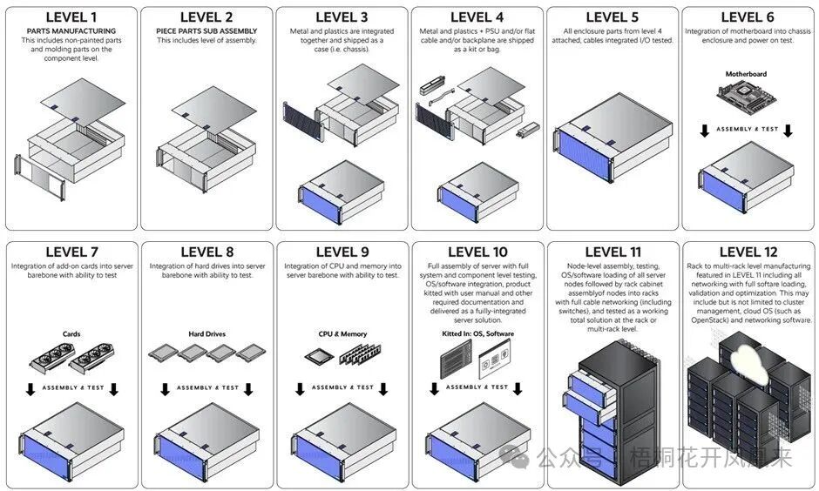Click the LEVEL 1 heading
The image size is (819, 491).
tap(71, 17)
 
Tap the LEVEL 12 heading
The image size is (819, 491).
tap(748, 252)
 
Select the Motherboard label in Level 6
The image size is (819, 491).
tap(746, 74)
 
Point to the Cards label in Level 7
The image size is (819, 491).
tap(71, 334)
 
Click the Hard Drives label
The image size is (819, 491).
tap(206, 334)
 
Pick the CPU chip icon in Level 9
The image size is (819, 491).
tap(319, 357)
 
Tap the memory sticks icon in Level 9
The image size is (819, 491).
tap(360, 353)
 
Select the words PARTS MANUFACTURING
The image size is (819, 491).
tap(71, 31)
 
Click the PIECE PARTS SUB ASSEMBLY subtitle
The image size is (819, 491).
tap(206, 31)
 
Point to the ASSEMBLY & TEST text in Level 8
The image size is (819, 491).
tap(207, 387)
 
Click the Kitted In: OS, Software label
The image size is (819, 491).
tap(478, 333)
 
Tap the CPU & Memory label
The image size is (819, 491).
tap(342, 334)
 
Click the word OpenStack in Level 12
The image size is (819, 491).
tap(710, 319)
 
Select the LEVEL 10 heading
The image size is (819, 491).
tap(478, 252)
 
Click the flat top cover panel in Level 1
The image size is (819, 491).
tap(83, 102)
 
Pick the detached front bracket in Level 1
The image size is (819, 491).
tap(40, 178)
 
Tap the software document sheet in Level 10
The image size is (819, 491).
tap(495, 359)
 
